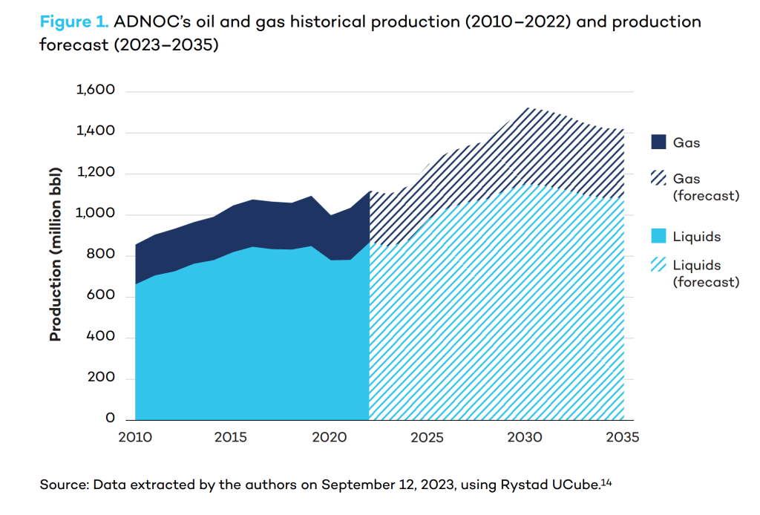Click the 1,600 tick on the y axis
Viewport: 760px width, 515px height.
click(96, 91)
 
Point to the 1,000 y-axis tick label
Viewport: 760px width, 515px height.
click(96, 214)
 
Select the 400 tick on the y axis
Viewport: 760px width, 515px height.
click(101, 337)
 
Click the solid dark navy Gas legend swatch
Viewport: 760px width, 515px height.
click(658, 142)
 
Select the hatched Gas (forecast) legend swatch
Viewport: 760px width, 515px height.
click(658, 179)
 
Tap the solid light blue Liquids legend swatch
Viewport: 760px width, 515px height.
click(658, 237)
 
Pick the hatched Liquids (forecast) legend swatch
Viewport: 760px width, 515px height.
click(658, 266)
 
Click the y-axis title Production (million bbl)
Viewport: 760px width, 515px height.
click(56, 255)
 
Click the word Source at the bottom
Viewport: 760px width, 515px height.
click(62, 486)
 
